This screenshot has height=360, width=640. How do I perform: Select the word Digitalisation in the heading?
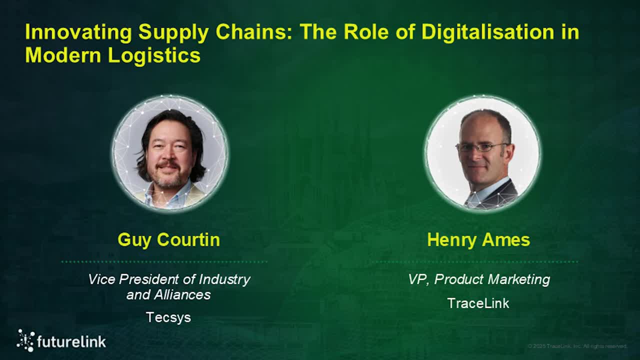(487, 32)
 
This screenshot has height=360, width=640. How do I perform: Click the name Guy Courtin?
(168, 239)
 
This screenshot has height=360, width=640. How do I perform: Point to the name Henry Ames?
(478, 240)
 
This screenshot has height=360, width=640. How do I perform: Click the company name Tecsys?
(168, 317)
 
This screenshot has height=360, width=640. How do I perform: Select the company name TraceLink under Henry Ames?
(478, 303)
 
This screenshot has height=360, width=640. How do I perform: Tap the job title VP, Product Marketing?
(478, 279)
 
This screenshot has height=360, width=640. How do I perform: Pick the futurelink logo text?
(71, 342)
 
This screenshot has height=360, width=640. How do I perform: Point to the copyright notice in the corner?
(577, 346)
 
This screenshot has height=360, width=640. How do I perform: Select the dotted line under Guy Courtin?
(164, 261)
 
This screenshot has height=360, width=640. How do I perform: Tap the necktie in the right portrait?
(472, 200)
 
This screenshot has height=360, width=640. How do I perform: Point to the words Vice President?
(133, 279)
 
